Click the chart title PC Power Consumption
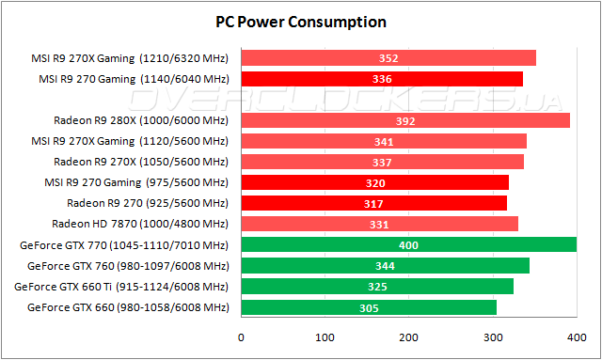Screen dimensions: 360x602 coord(301,21)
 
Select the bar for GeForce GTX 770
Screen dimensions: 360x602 coord(409,244)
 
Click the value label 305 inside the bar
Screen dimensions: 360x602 coord(370,307)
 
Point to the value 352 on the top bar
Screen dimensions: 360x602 coord(388,58)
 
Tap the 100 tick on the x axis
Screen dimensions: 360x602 coord(325,337)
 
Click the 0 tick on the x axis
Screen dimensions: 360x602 coord(242,337)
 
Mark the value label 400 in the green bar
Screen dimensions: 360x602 coord(409,245)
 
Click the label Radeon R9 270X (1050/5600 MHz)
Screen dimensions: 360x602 coord(141,162)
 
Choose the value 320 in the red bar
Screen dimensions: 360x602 coord(375,183)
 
